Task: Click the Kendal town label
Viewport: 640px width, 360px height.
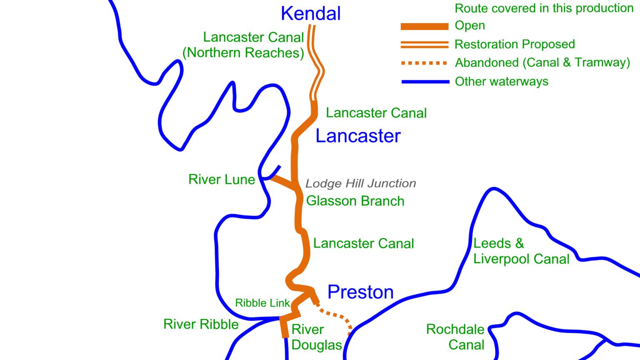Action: [310, 13]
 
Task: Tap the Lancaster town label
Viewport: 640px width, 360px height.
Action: [358, 136]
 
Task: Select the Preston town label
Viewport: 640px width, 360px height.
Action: [360, 292]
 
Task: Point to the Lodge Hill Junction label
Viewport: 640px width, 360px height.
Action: [360, 183]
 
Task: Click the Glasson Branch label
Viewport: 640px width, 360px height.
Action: [355, 201]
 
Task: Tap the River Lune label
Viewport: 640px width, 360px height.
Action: [221, 180]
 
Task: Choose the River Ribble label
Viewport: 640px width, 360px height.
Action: [201, 324]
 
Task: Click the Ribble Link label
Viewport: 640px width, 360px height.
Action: [262, 303]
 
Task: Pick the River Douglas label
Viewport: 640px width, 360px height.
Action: [316, 337]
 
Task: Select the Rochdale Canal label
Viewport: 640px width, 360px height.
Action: [455, 337]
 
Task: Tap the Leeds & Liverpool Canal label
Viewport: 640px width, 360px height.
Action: [521, 251]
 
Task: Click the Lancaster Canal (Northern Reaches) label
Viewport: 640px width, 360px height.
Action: [244, 45]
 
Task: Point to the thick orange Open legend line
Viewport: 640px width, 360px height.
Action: [424, 26]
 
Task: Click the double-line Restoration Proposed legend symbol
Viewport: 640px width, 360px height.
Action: [424, 44]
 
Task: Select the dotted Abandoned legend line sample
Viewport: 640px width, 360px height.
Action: [424, 63]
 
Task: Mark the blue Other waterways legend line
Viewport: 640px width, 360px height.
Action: [425, 82]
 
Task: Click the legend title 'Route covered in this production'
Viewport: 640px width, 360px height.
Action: [544, 8]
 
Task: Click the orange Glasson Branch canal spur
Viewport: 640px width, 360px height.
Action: [283, 182]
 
